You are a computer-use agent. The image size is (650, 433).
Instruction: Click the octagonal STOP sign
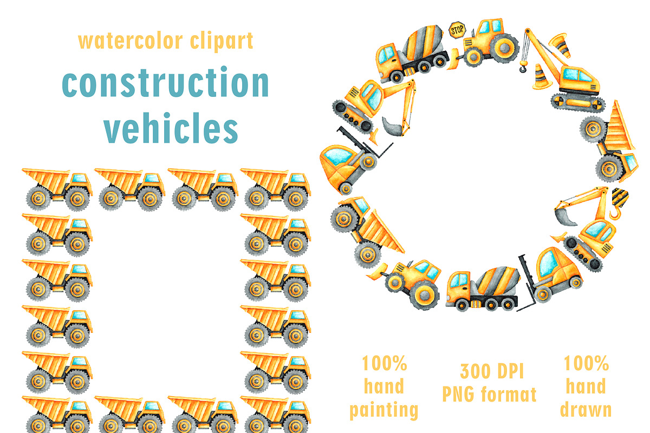pos(457,30)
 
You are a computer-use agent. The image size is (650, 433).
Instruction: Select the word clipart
pos(222,41)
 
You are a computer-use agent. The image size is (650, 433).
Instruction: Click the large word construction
pos(165,82)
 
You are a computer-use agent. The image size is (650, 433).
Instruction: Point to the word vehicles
pos(171,128)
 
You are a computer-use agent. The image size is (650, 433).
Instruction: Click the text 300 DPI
pos(492,371)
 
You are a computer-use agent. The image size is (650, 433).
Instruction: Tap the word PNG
pos(458,394)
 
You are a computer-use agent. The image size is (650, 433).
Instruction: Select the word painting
pos(383,410)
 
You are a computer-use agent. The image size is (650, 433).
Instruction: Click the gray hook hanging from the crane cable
pos(523,67)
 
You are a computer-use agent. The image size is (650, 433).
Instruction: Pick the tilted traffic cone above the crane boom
pos(561,45)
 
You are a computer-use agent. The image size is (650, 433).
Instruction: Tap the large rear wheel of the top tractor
pos(505,48)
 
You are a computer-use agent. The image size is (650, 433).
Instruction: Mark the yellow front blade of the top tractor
pos(453,60)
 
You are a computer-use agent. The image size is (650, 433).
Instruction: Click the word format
pos(509,394)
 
